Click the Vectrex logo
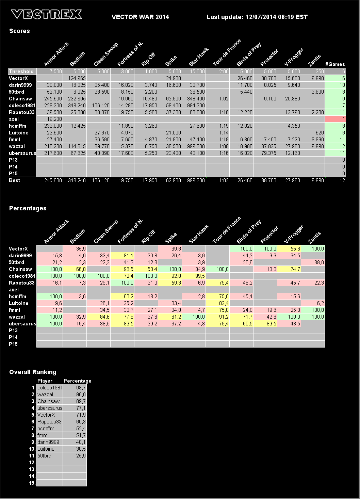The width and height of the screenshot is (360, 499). click(46, 14)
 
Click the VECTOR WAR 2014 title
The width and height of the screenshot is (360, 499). click(140, 17)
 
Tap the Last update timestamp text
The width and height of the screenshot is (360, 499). click(257, 17)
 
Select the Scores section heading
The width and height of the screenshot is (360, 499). click(19, 31)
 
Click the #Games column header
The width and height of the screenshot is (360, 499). click(335, 64)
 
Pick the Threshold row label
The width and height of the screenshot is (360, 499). click(21, 71)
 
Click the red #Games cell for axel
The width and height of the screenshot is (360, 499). click(335, 119)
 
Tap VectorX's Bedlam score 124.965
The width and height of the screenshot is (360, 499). click(77, 78)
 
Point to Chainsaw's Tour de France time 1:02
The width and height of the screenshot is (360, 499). click(224, 99)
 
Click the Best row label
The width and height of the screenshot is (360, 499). click(15, 180)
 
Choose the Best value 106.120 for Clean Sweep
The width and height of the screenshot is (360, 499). click(101, 180)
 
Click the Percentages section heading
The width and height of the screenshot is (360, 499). click(28, 208)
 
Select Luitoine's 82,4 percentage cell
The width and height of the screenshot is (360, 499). click(218, 303)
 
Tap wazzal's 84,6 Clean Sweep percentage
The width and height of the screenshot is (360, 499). click(99, 317)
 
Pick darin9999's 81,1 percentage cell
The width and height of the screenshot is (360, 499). click(122, 256)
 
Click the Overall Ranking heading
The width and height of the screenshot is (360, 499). click(33, 372)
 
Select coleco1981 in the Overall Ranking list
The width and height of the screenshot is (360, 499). click(50, 388)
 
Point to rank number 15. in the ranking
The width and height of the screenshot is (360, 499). click(32, 483)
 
